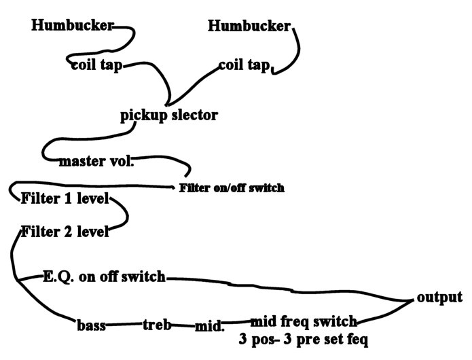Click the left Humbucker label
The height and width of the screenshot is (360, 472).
pyautogui.click(x=73, y=26)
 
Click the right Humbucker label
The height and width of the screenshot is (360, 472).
pyautogui.click(x=249, y=26)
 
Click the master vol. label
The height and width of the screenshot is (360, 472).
pyautogui.click(x=97, y=162)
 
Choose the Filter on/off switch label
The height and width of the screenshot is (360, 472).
pyautogui.click(x=232, y=187)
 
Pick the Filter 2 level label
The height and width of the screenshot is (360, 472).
pyautogui.click(x=65, y=231)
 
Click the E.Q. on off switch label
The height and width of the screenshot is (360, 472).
pyautogui.click(x=104, y=276)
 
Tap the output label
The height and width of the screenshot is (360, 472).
pyautogui.click(x=439, y=298)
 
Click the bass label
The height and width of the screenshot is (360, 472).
pyautogui.click(x=91, y=325)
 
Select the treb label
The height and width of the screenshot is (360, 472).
pyautogui.click(x=157, y=325)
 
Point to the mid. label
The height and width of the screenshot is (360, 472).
pyautogui.click(x=209, y=326)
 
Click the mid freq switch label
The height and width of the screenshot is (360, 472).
pyautogui.click(x=304, y=321)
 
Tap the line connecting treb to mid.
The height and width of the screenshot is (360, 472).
pyautogui.click(x=183, y=325)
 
